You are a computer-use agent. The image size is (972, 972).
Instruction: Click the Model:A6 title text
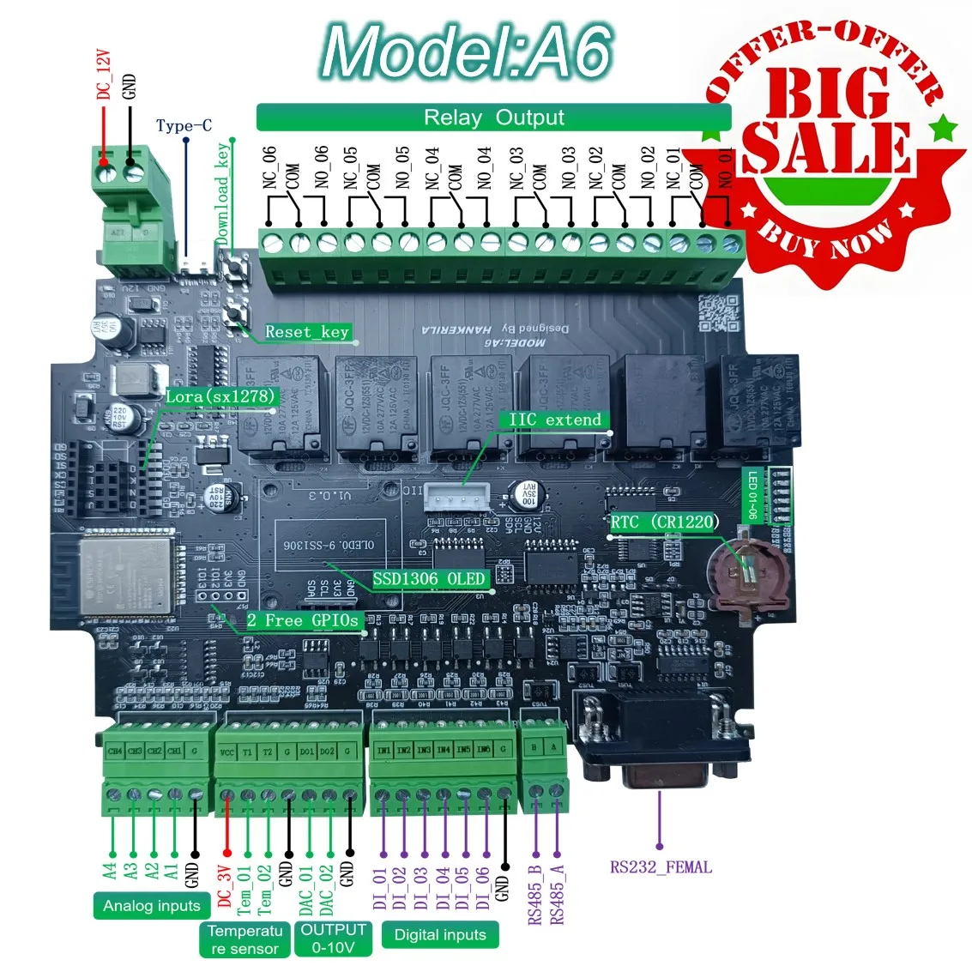(468, 51)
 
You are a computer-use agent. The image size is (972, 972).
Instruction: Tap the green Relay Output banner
(493, 118)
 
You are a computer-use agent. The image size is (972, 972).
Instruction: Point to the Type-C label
(184, 126)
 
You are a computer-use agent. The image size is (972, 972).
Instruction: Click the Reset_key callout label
(306, 332)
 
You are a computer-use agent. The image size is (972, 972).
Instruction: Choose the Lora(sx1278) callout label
(220, 396)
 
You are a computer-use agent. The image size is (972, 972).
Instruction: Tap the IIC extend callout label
(554, 420)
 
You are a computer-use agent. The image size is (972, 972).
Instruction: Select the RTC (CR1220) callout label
(664, 522)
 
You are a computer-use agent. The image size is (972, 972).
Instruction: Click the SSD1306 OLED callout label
(428, 579)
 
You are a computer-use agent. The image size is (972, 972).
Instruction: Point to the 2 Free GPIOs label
(303, 620)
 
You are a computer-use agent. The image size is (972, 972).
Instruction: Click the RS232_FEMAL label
(661, 867)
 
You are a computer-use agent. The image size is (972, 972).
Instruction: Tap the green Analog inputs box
(151, 906)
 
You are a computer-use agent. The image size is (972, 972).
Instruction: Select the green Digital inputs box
(439, 935)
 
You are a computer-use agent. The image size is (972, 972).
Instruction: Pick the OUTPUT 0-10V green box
(333, 939)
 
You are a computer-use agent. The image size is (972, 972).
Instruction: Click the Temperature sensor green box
(245, 939)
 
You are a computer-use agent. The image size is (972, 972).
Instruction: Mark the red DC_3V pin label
(225, 886)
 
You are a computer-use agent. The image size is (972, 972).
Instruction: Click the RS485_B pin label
(535, 895)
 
